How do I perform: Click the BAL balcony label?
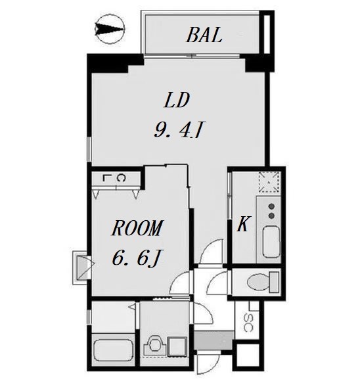[x=204, y=35]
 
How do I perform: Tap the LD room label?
[x=177, y=100]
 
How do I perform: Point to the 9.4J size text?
[x=179, y=129]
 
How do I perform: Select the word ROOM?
[x=137, y=228]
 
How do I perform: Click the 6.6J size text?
[x=136, y=258]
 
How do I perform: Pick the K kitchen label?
[x=243, y=224]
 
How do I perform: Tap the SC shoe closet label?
[x=248, y=323]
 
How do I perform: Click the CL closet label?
[x=114, y=178]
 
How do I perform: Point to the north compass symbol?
[x=110, y=29]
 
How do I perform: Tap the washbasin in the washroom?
[x=154, y=345]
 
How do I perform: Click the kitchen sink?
[x=271, y=242]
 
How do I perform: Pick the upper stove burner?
[x=271, y=206]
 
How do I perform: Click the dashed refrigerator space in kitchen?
[x=269, y=182]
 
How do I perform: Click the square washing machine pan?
[x=177, y=346]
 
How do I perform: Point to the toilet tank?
[x=274, y=282]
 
